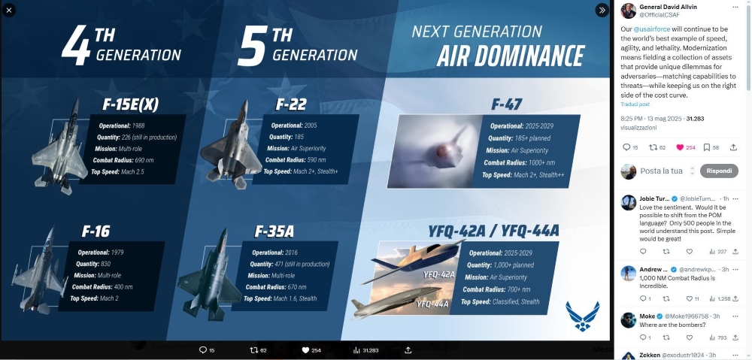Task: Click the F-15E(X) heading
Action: [130, 104]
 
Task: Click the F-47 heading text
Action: [505, 104]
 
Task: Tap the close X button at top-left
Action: [10, 11]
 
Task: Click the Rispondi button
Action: [719, 171]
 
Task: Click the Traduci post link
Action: [634, 104]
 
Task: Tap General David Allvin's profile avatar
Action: [629, 11]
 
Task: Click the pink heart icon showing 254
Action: [681, 147]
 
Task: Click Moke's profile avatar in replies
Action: [629, 320]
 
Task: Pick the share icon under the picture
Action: [408, 350]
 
